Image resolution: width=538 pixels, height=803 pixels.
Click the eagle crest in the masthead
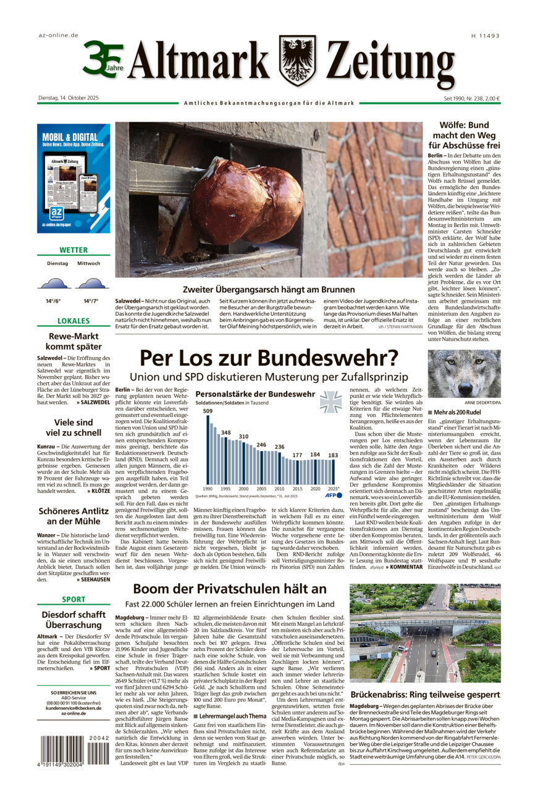[297, 60]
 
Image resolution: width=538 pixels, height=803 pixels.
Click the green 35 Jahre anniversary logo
[102, 59]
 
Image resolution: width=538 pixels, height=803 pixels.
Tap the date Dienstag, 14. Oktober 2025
[68, 98]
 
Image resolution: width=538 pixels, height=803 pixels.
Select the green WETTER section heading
[74, 250]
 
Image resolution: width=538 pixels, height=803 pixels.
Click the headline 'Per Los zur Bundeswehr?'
[269, 358]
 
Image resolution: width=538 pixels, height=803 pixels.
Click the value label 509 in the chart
[208, 411]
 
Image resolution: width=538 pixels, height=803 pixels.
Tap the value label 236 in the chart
[280, 447]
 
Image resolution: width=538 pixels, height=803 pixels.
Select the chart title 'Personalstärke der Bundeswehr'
[254, 394]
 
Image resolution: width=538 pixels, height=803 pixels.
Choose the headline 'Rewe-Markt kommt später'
[74, 342]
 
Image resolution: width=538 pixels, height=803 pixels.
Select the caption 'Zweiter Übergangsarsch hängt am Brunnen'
[269, 289]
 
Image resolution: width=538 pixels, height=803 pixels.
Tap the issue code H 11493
[485, 36]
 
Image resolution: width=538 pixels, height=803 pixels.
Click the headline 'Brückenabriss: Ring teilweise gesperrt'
[425, 694]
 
